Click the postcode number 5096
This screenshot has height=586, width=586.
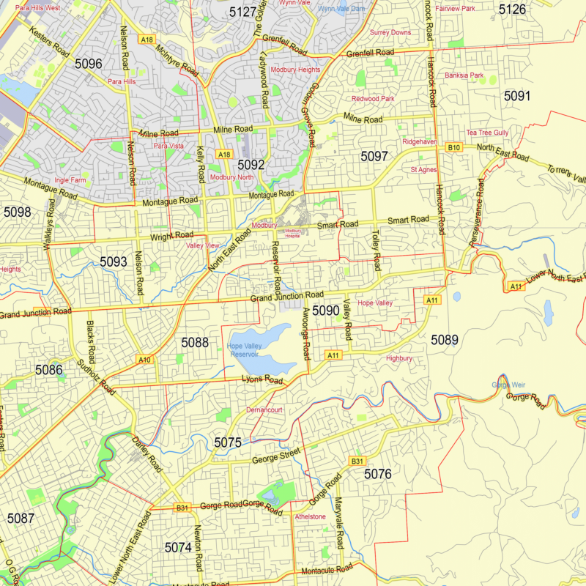coord(88,64)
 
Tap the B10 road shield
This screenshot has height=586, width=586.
coord(454,147)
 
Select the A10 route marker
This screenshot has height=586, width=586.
coord(144,360)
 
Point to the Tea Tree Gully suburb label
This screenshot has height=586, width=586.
coord(487,133)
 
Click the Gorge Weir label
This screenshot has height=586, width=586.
coord(508,385)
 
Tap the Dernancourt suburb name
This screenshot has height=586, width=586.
coord(264,410)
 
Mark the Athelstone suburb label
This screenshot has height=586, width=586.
coord(310,516)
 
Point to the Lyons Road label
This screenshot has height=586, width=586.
coord(262,379)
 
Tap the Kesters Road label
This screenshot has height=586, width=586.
coord(50,43)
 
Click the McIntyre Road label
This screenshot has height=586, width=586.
coord(177,59)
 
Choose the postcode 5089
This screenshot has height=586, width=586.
coord(444,339)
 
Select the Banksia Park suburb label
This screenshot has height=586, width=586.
coord(464,75)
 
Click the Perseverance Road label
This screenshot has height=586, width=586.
coord(477,212)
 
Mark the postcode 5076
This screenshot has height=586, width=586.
coord(378,475)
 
